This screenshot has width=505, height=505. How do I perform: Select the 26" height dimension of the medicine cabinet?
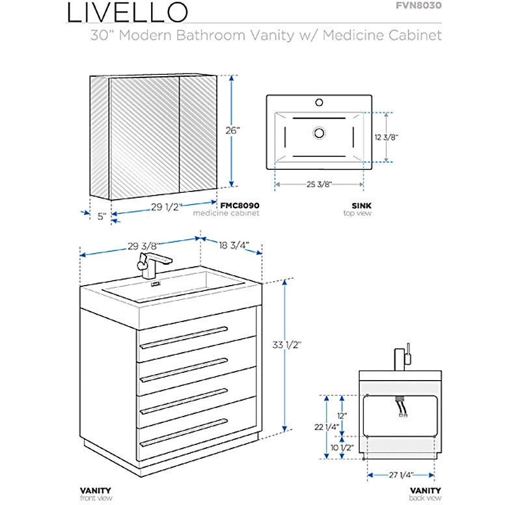click(233, 131)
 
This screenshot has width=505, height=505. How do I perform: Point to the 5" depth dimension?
click(102, 217)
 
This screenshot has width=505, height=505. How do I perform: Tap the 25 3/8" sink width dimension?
click(320, 185)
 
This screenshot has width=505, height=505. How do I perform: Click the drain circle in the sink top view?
click(319, 133)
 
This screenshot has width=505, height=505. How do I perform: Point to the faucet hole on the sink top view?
click(319, 102)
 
